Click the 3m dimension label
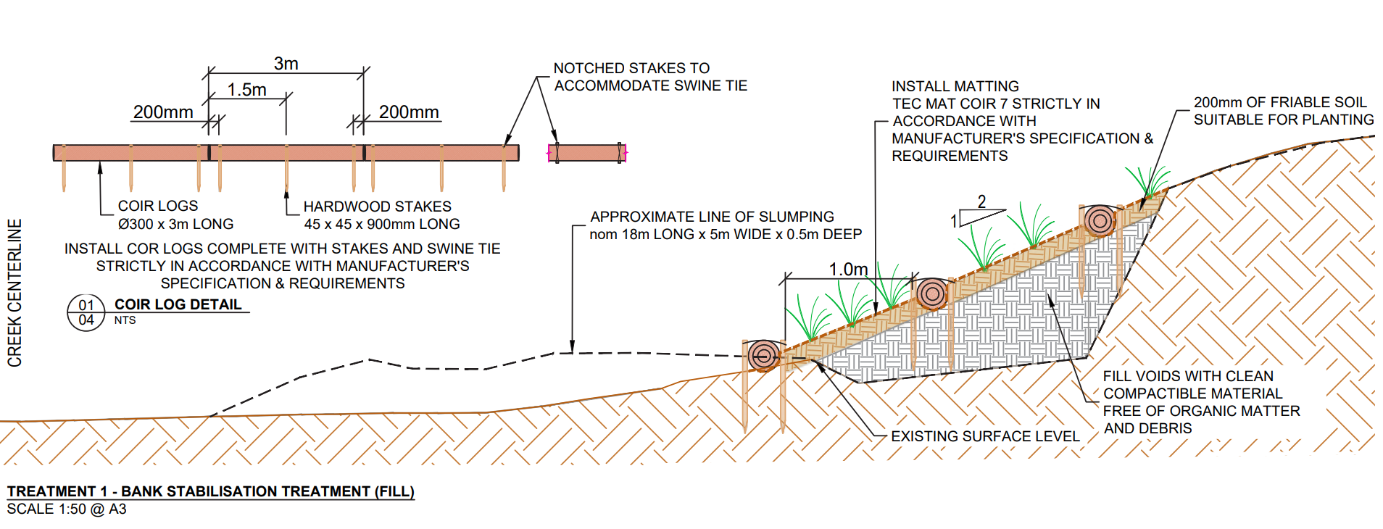pyautogui.click(x=286, y=64)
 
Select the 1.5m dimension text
pyautogui.click(x=246, y=90)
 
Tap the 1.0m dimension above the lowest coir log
pyautogui.click(x=848, y=270)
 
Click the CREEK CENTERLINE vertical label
pyautogui.click(x=14, y=293)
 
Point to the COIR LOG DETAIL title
pyautogui.click(x=178, y=304)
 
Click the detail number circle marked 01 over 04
pyautogui.click(x=86, y=312)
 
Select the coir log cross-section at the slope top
pyautogui.click(x=1099, y=220)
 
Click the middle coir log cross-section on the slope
pyautogui.click(x=932, y=293)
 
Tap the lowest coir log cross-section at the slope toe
pyautogui.click(x=763, y=356)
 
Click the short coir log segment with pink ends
pyautogui.click(x=587, y=153)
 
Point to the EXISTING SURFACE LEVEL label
pyautogui.click(x=985, y=436)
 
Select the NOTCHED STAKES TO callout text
pyautogui.click(x=631, y=68)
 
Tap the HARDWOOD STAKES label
pyautogui.click(x=377, y=207)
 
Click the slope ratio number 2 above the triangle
pyautogui.click(x=981, y=201)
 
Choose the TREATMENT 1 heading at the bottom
pyautogui.click(x=210, y=491)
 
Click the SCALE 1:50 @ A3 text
pyautogui.click(x=67, y=509)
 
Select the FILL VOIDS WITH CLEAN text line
pyautogui.click(x=1188, y=376)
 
